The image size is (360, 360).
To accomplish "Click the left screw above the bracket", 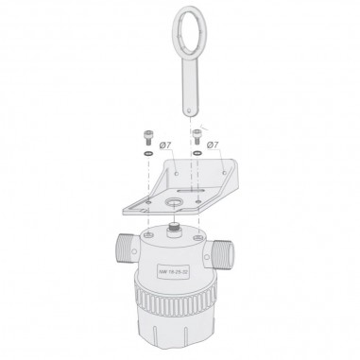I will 146,135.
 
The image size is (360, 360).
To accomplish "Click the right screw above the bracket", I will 197,135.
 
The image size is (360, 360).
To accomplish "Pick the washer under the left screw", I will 147,153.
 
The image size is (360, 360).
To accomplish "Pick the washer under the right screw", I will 197,153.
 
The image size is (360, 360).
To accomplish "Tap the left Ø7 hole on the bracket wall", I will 177,174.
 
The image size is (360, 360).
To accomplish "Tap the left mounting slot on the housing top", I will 148,231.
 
